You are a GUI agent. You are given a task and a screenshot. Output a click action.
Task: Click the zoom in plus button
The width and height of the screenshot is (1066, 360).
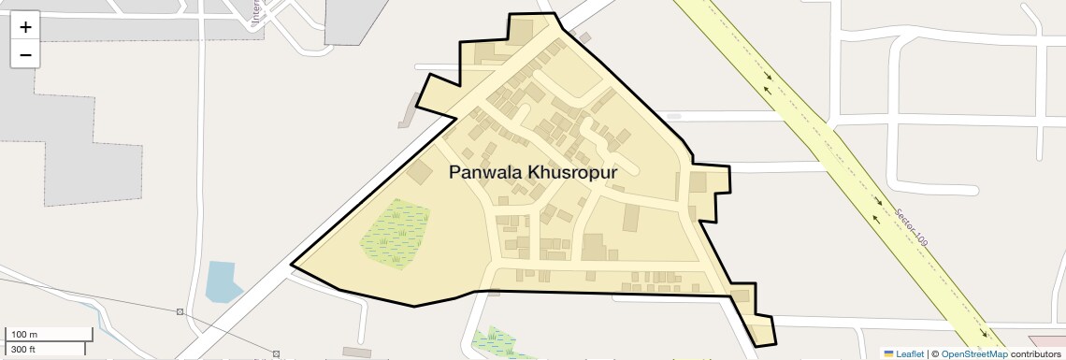[25, 26]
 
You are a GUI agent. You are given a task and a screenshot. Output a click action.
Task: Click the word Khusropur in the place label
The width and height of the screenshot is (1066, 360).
[571, 173]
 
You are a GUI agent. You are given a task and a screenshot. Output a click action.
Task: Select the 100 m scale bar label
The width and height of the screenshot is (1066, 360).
[23, 335]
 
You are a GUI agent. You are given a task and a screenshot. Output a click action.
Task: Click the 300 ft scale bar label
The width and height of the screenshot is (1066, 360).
[23, 350]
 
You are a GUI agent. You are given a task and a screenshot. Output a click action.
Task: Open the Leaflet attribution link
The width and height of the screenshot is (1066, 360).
[910, 354]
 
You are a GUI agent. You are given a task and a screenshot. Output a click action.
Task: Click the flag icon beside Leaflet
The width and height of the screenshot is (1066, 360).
[888, 354]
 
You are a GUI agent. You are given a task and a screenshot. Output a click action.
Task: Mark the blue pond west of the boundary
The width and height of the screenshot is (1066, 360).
[222, 281]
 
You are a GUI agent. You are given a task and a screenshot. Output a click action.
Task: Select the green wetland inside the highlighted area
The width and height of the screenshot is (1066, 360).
[396, 235]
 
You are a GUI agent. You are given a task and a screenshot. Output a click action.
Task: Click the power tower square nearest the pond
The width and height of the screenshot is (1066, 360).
[180, 311]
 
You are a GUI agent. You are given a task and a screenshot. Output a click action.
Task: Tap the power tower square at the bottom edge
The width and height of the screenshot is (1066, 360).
[276, 354]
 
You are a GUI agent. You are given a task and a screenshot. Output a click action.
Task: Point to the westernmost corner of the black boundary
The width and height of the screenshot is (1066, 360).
[292, 265]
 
